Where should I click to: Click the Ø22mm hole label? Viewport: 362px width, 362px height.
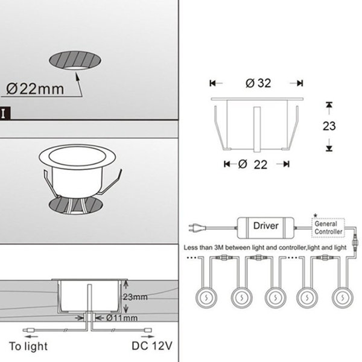click(x=35, y=89)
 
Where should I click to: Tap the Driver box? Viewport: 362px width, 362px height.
click(x=265, y=228)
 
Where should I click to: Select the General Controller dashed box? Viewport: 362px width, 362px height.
click(x=328, y=227)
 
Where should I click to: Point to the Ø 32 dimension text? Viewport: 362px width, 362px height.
click(x=258, y=83)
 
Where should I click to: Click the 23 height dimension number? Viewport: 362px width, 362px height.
click(x=329, y=126)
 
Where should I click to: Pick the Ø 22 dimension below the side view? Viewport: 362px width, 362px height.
click(x=253, y=164)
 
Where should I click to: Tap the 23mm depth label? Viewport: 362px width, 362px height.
click(x=135, y=297)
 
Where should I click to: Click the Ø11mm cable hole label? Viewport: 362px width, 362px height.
click(x=122, y=318)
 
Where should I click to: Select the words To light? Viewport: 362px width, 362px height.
click(x=28, y=346)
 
